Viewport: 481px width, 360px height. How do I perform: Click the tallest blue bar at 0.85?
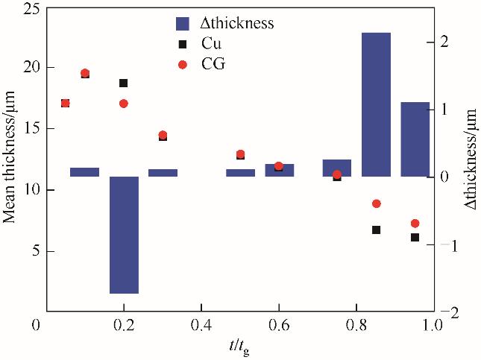[377, 104]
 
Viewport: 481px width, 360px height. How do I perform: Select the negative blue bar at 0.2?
[124, 235]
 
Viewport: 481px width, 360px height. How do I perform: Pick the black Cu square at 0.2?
[124, 83]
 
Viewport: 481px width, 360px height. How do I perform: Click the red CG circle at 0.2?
[124, 104]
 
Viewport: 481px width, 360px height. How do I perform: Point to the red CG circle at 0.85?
[377, 203]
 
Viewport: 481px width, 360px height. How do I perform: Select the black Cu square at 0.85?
[377, 230]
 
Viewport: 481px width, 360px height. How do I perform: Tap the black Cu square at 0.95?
[415, 237]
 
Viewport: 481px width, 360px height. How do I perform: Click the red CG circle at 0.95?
[415, 224]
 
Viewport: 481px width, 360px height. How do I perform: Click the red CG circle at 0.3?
[163, 135]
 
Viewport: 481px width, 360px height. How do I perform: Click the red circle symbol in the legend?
[183, 65]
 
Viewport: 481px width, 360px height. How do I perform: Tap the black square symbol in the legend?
[183, 44]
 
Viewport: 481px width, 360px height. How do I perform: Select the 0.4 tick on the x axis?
[201, 326]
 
